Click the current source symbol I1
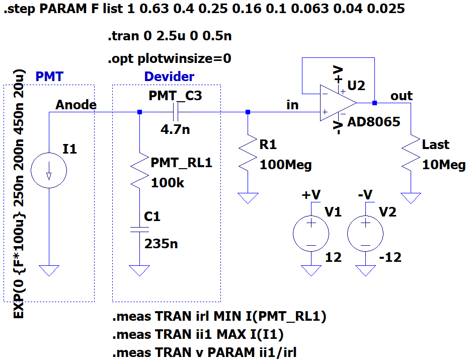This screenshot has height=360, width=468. pyautogui.click(x=49, y=170)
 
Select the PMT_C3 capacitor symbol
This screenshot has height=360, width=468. pyautogui.click(x=176, y=112)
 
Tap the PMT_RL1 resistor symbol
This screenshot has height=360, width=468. pyautogui.click(x=140, y=171)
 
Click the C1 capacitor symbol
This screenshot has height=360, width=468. pyautogui.click(x=139, y=229)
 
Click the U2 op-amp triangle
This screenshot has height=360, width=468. pyautogui.click(x=338, y=103)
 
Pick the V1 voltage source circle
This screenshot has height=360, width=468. pyautogui.click(x=311, y=234)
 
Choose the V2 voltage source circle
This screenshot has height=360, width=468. pyautogui.click(x=365, y=234)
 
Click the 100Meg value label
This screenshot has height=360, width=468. pyautogui.click(x=286, y=165)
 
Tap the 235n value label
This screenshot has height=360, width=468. pyautogui.click(x=161, y=244)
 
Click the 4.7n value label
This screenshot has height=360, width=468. pyautogui.click(x=175, y=129)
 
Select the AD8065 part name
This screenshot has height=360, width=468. pyautogui.click(x=374, y=122)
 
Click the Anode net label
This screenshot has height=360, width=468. pyautogui.click(x=76, y=105)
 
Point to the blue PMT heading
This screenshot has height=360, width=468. pyautogui.click(x=49, y=77)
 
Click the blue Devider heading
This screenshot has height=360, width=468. pyautogui.click(x=169, y=77)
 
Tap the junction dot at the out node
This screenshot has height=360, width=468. pyautogui.click(x=374, y=103)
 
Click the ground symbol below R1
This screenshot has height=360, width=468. pyautogui.click(x=248, y=198)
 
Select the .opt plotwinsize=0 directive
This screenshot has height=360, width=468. pyautogui.click(x=170, y=59)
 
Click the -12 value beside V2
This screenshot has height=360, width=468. pyautogui.click(x=390, y=257)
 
